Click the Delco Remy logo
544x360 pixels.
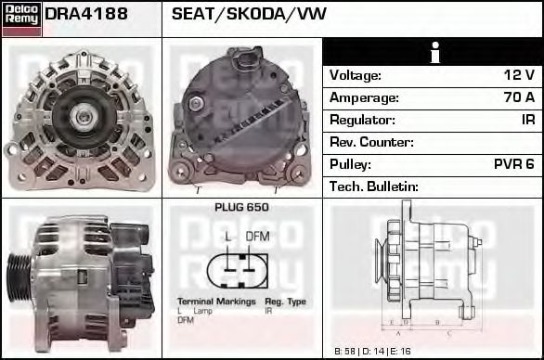point(21,18)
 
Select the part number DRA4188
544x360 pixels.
point(85,15)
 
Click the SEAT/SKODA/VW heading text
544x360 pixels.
point(249,15)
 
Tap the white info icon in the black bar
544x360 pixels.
point(433,52)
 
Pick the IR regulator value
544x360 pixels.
point(527,120)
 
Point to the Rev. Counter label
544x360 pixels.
point(371,142)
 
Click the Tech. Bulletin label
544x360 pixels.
point(374,186)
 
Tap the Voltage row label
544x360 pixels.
point(356,75)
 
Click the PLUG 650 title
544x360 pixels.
point(241,208)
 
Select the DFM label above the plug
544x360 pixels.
point(257,237)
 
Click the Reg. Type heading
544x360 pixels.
point(285,302)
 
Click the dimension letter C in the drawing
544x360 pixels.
point(448,331)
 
